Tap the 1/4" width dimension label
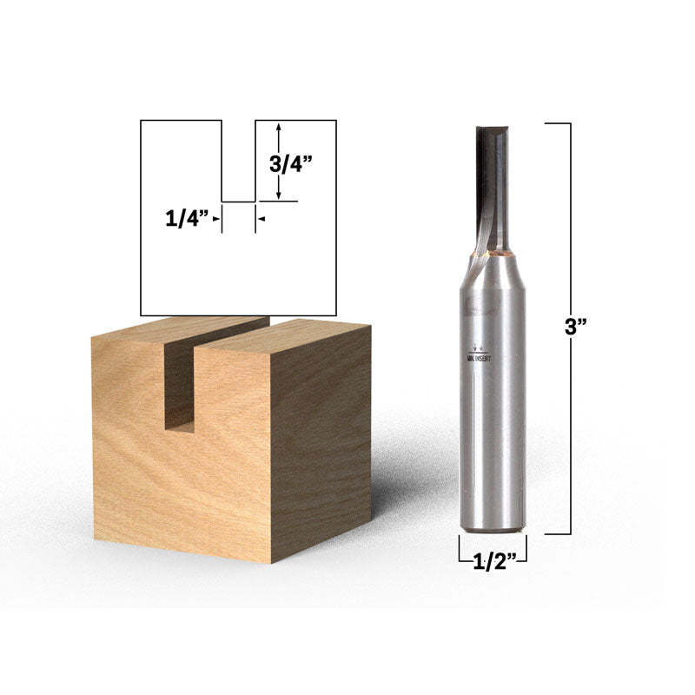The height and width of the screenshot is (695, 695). (x=188, y=220)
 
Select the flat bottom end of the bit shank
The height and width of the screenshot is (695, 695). (x=492, y=527)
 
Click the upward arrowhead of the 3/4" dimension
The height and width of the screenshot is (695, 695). (x=278, y=127)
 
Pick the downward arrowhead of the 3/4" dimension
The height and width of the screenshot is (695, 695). (x=278, y=195)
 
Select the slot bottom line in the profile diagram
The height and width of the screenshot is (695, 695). (x=238, y=202)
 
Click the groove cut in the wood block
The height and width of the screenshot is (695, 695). (x=181, y=382)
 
